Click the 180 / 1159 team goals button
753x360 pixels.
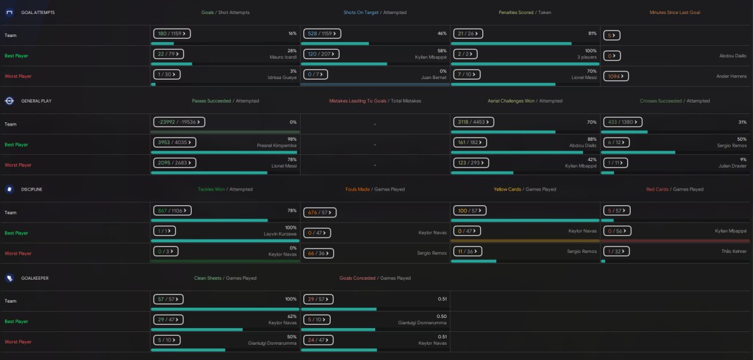coord(172,34)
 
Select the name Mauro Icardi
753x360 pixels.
coord(283,57)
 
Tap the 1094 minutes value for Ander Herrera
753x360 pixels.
coord(615,76)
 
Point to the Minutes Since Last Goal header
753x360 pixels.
coord(675,13)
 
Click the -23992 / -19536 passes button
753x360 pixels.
coord(179,122)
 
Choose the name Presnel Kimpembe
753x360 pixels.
coord(277,145)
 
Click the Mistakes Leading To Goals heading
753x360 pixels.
coord(358,101)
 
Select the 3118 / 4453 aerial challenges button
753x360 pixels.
coord(473,122)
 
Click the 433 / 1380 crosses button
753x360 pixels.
coord(622,122)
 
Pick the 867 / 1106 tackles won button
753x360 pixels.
coord(173,211)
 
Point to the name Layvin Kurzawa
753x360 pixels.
coord(280,234)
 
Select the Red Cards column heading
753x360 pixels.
coord(657,190)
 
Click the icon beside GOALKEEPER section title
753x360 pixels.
coord(9,278)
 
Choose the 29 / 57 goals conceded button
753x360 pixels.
coord(319,299)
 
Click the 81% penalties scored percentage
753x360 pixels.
coord(592,34)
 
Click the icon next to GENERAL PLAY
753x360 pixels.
coord(9,101)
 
